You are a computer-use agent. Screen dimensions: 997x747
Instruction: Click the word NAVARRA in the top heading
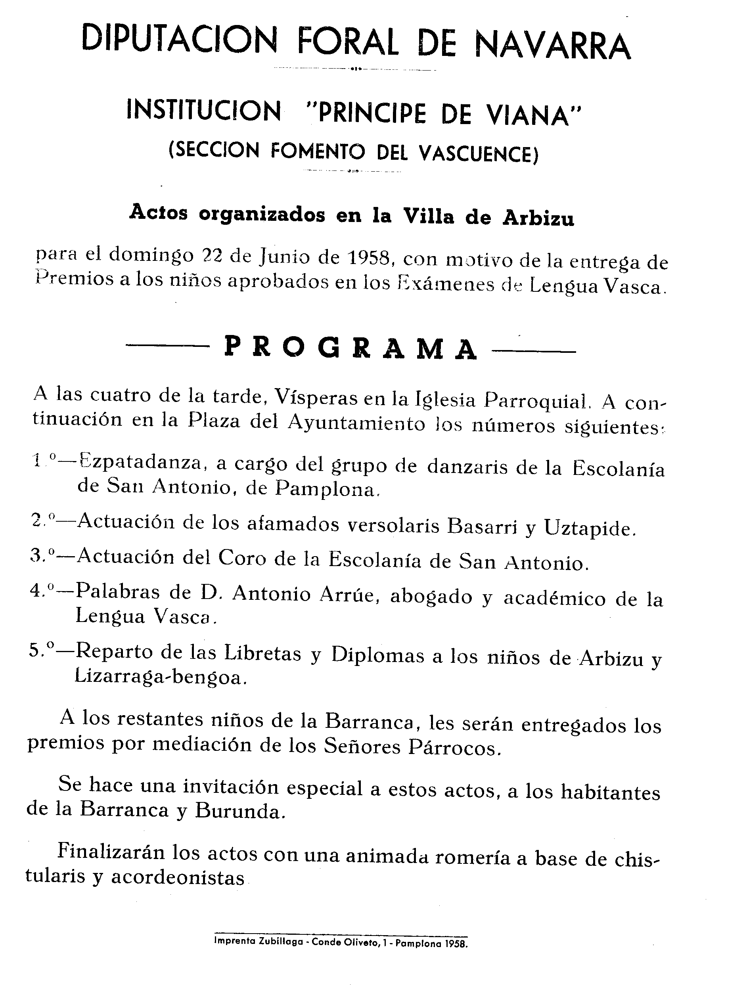[x=552, y=46]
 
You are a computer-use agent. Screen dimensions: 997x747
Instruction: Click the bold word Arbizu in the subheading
[x=538, y=218]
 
